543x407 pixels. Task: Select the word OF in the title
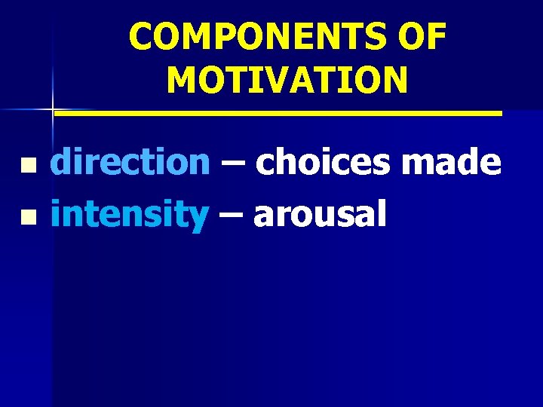[423, 37]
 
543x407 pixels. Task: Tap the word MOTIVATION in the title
[287, 79]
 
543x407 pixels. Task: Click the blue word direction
[130, 162]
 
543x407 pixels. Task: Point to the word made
[461, 162]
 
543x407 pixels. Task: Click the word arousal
[320, 215]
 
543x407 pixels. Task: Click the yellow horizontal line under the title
[279, 113]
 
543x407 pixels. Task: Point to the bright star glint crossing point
[53, 110]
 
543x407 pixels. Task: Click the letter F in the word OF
[437, 37]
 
